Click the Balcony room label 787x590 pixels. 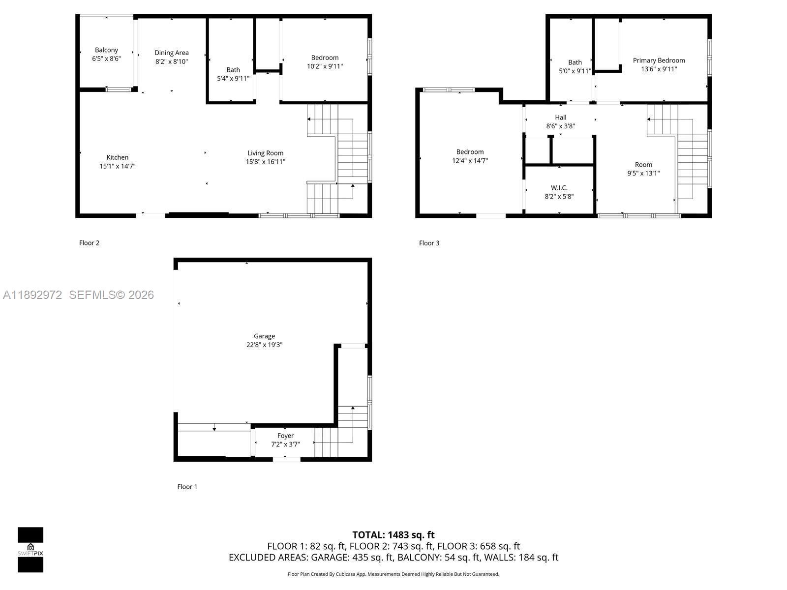click(106, 50)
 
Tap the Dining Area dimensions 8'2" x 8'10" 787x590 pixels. click(171, 61)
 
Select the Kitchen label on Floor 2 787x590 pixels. click(118, 157)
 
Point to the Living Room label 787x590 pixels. click(265, 153)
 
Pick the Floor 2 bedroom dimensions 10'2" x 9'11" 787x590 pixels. click(325, 66)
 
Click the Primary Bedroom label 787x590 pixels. click(659, 60)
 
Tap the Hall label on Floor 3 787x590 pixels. click(560, 117)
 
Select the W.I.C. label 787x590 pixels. click(559, 188)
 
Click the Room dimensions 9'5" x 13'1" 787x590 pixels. click(643, 173)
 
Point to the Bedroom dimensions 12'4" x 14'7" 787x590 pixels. click(470, 160)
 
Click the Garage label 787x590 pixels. click(264, 336)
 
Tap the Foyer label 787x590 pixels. click(285, 436)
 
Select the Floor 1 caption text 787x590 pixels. click(187, 487)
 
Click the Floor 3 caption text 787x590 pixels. click(429, 243)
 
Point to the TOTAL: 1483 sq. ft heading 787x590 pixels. click(393, 534)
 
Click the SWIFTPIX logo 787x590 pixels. click(30, 549)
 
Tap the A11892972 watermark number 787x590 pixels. click(32, 295)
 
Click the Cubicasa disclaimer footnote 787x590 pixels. click(393, 574)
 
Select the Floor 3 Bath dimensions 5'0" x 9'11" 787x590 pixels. click(575, 71)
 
